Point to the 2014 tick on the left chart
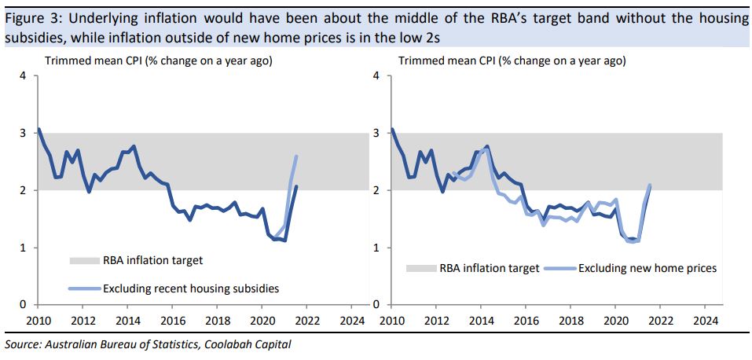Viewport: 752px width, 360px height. pos(129,320)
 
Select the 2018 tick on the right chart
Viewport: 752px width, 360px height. pos(570,320)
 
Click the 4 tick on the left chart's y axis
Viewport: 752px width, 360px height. pos(24,77)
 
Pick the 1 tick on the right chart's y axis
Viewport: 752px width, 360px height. pos(377,248)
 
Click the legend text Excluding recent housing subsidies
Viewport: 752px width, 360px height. pos(191,288)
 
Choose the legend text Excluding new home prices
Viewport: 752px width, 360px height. pos(647,268)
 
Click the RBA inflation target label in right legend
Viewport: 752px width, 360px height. pos(490,268)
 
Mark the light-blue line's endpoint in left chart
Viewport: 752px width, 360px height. pos(296,156)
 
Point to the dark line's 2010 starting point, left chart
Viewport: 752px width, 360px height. pos(39,129)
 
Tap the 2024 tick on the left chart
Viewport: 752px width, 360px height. pos(352,320)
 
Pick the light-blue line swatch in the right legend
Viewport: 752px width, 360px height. pos(560,268)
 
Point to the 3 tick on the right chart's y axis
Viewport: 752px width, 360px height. pos(377,134)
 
